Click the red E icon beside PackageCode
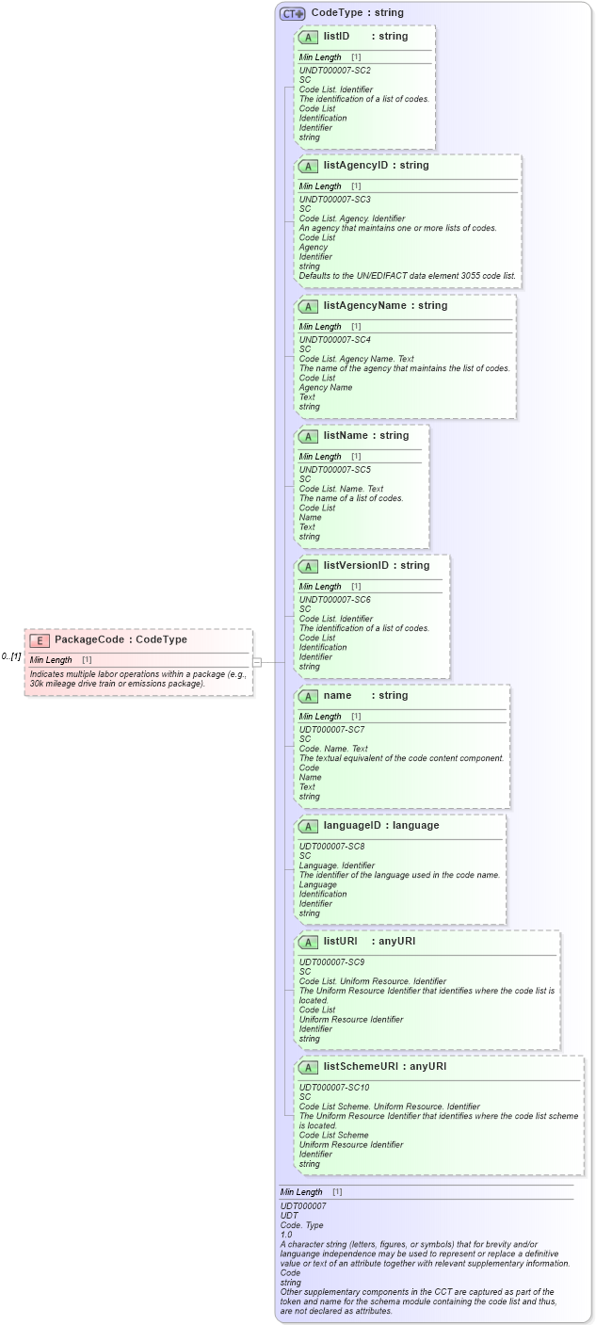(40, 640)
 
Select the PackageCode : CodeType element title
(121, 639)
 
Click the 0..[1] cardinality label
(11, 656)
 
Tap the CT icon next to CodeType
(292, 13)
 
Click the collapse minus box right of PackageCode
(256, 662)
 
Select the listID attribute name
(336, 36)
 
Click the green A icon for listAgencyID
(308, 166)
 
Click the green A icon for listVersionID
(308, 566)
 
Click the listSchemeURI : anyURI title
(384, 1066)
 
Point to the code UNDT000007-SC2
(334, 71)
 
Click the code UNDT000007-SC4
(334, 340)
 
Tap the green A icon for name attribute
(308, 696)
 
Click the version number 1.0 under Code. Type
(286, 1235)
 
